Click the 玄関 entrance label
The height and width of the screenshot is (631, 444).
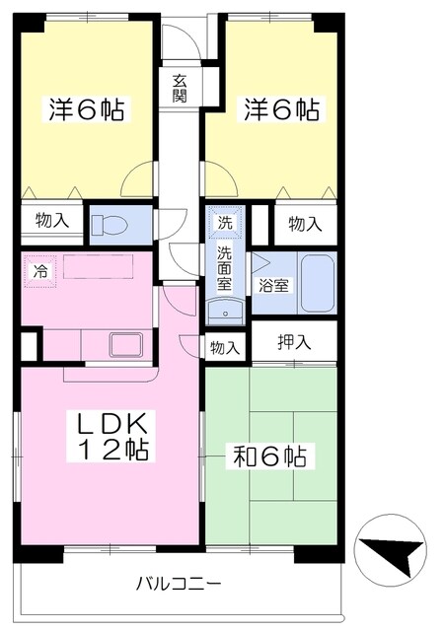pyautogui.click(x=180, y=88)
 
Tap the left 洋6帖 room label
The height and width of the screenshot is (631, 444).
pyautogui.click(x=87, y=109)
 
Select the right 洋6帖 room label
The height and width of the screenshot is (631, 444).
pyautogui.click(x=281, y=109)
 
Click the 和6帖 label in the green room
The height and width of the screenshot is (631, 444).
pyautogui.click(x=268, y=456)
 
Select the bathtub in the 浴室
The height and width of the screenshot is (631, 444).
pyautogui.click(x=317, y=283)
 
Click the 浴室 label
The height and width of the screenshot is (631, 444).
pyautogui.click(x=273, y=287)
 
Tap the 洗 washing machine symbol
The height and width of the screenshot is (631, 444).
pyautogui.click(x=225, y=223)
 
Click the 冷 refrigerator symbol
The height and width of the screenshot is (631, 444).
pyautogui.click(x=40, y=269)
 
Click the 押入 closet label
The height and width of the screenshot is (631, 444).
pyautogui.click(x=293, y=343)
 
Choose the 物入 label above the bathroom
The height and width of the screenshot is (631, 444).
pyautogui.click(x=305, y=224)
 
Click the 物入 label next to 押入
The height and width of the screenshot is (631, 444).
pyautogui.click(x=225, y=346)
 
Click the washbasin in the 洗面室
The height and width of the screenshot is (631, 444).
pyautogui.click(x=226, y=312)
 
